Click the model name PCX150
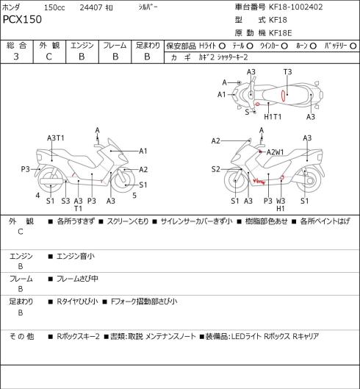(22, 19)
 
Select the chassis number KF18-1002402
(296, 7)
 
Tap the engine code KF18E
(281, 33)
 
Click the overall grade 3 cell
(16, 57)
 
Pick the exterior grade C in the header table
(49, 57)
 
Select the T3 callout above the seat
(287, 72)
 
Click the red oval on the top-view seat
(283, 96)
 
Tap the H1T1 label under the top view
(273, 116)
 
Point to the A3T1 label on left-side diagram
(56, 138)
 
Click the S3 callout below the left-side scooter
(65, 201)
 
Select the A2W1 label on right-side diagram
(276, 152)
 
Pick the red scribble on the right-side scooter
(259, 182)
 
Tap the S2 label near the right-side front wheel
(216, 169)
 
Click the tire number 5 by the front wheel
(134, 196)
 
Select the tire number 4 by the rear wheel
(37, 196)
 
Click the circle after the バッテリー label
(353, 46)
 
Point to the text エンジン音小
(76, 256)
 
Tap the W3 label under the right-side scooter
(281, 201)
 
